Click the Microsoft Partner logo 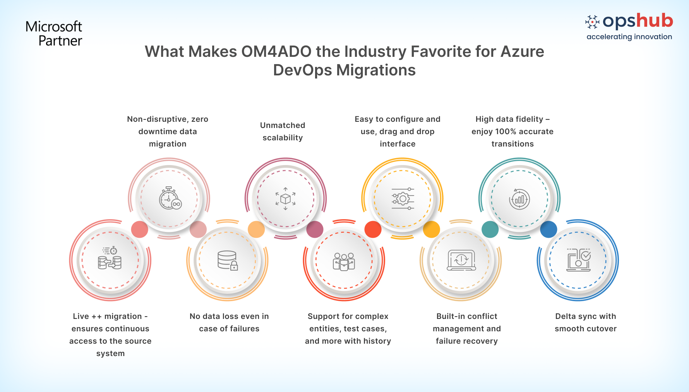54,34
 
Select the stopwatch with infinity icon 170,198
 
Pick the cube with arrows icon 286,199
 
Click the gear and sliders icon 403,199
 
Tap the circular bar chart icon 519,199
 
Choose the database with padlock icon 228,261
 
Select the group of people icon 344,262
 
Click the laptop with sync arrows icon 461,260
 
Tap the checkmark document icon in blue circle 579,260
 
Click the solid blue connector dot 548,230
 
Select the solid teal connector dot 490,230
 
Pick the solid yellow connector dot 432,230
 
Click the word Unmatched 283,125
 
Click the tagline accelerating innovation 629,37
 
